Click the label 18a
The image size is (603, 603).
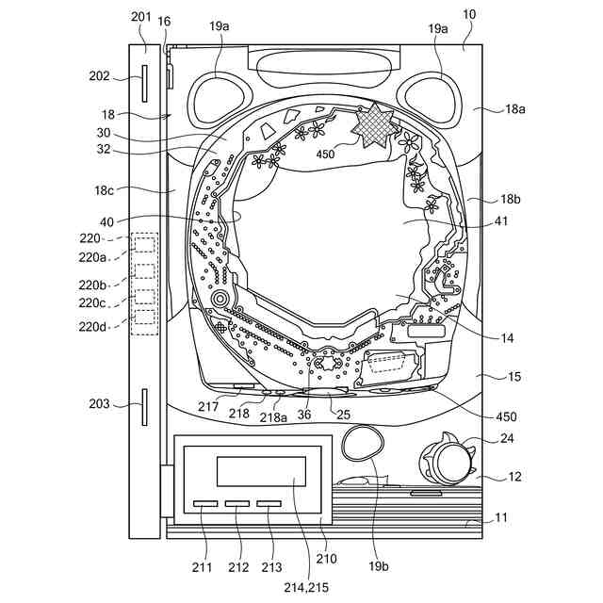514,109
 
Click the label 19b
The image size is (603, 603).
378,566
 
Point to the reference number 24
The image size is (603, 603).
507,437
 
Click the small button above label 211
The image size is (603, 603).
205,505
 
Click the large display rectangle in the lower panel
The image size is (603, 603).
261,471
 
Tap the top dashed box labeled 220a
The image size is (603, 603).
145,246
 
